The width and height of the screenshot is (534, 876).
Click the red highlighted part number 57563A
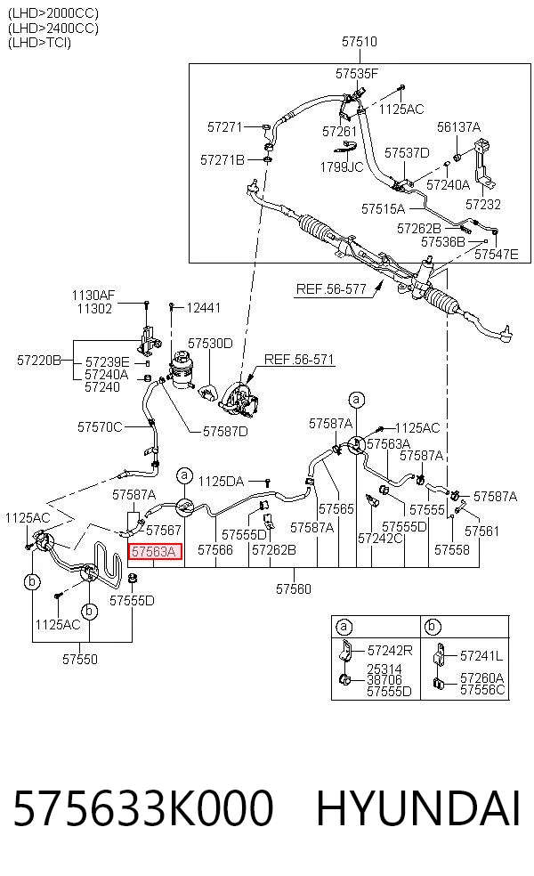tap(153, 552)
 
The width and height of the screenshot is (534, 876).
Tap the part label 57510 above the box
tap(360, 41)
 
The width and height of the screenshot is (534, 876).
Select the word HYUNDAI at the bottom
tap(418, 807)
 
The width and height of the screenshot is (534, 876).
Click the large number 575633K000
tap(143, 807)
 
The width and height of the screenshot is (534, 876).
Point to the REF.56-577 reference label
tap(331, 288)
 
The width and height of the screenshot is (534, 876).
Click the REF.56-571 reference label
tap(299, 360)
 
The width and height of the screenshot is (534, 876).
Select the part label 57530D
tap(210, 343)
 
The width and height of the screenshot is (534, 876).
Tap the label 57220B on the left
tap(39, 361)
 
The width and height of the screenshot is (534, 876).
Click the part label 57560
tap(293, 588)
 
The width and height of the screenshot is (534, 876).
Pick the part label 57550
tap(80, 660)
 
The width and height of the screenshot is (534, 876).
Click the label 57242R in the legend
tap(390, 650)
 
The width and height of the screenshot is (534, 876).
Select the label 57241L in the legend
tap(481, 656)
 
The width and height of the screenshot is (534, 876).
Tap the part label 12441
tap(203, 308)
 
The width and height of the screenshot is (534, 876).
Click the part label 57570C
tap(100, 427)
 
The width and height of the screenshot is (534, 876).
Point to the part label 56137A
tap(458, 126)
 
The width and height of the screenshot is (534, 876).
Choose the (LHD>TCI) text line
tap(40, 43)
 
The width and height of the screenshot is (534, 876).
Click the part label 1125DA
tap(222, 481)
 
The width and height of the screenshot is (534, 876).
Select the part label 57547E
tap(496, 255)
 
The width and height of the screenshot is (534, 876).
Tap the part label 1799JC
tap(342, 166)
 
